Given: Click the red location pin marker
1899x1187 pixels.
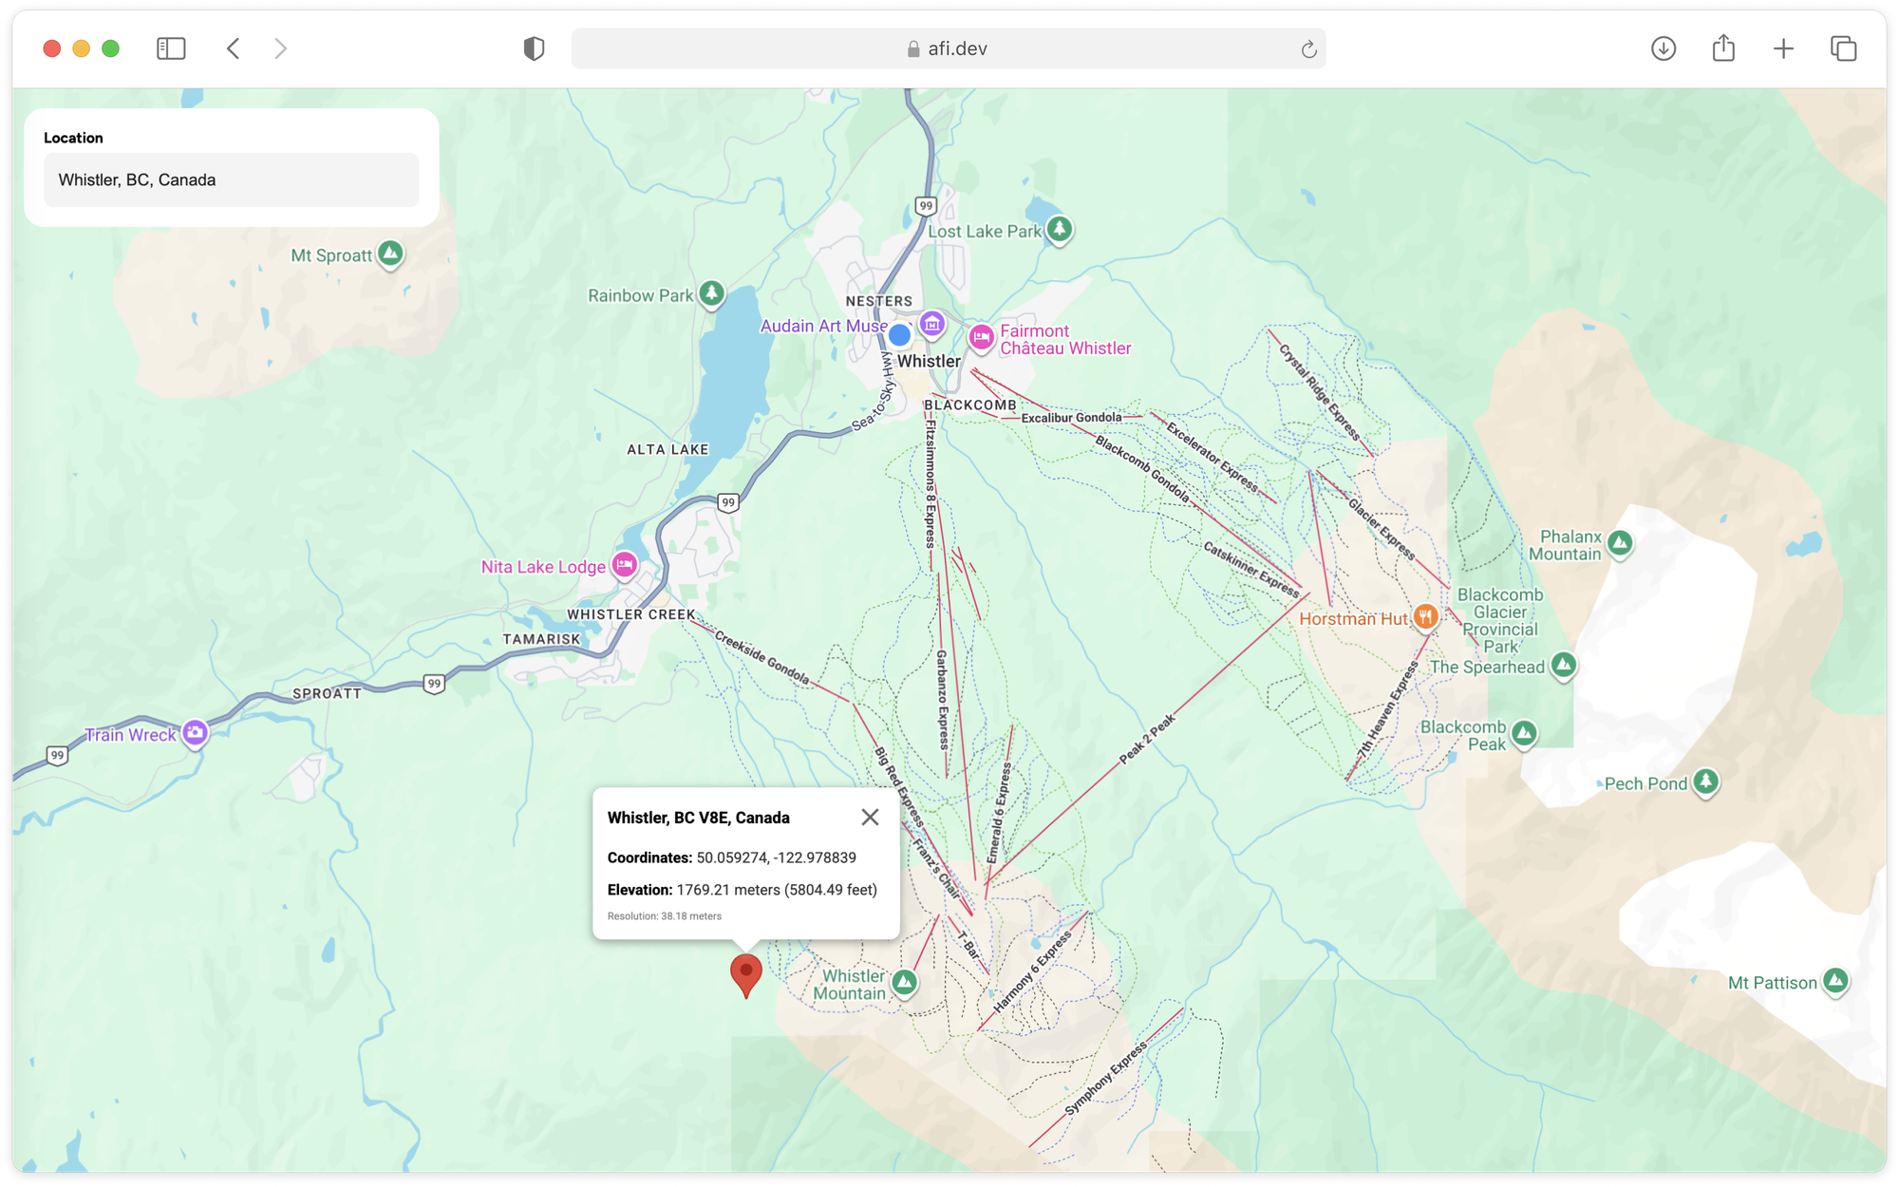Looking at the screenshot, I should pos(746,972).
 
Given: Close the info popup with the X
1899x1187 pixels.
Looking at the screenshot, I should pos(870,818).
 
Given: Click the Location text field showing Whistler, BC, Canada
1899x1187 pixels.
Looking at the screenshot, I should pos(231,180).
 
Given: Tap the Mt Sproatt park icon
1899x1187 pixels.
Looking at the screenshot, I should pos(390,254).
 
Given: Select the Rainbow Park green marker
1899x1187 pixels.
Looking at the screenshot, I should pos(711,293).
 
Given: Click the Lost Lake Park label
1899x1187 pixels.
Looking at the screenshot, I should pos(985,232).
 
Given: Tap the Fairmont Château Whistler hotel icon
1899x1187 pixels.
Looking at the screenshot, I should pos(981,337).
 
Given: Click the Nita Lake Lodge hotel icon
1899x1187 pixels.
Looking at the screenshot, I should pos(624,565).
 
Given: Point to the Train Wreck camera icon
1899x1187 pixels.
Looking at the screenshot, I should pos(196,732).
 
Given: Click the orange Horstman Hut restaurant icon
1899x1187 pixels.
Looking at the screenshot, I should pos(1425,616).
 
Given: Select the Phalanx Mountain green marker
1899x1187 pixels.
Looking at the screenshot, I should pos(1620,543).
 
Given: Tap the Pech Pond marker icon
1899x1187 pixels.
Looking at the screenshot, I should pos(1706,782).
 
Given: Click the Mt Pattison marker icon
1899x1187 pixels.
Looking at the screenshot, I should pos(1835,980).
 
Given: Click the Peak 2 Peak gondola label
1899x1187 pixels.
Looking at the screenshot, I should pos(1147,739).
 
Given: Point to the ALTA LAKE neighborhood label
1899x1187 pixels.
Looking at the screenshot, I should pos(667,450).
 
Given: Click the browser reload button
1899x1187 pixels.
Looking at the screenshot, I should pos(1308,49).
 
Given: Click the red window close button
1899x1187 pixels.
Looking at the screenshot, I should pos(52,48).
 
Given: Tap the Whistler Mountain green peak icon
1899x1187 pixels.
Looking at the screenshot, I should pos(904,982).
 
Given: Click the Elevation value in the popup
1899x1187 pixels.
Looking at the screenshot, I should pos(777,890).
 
